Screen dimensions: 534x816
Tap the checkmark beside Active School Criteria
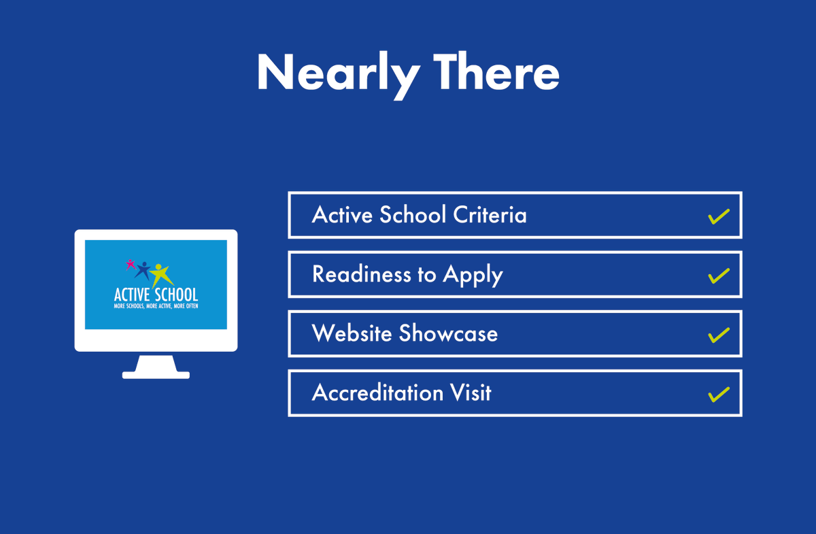pyautogui.click(x=718, y=216)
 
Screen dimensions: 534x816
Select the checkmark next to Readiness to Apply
pyautogui.click(x=718, y=276)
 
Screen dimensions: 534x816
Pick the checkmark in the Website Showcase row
pyautogui.click(x=718, y=335)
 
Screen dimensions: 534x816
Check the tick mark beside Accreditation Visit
pyautogui.click(x=718, y=394)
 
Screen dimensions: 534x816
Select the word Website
pyautogui.click(x=352, y=333)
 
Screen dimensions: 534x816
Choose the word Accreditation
pyautogui.click(x=377, y=393)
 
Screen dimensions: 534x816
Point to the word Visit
pyautogui.click(x=471, y=393)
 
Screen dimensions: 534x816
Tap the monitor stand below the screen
pyautogui.click(x=156, y=367)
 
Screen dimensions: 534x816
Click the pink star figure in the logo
pyautogui.click(x=130, y=263)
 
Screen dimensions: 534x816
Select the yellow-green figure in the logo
pyautogui.click(x=161, y=273)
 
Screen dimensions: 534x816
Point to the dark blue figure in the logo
pyautogui.click(x=143, y=269)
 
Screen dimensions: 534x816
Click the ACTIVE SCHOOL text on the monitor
pyautogui.click(x=156, y=295)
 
